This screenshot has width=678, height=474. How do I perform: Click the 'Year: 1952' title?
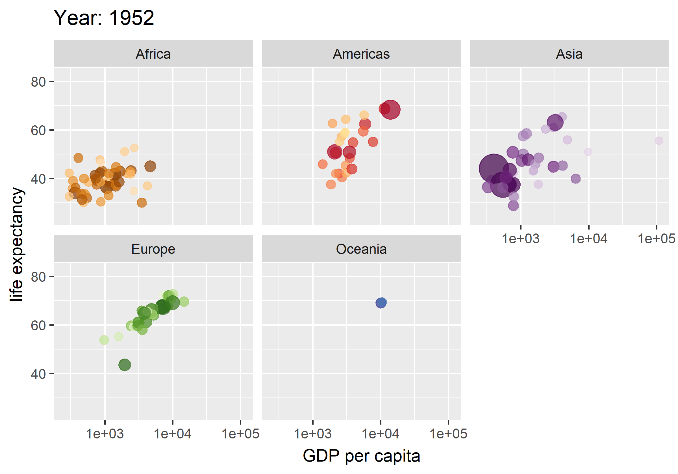(x=104, y=18)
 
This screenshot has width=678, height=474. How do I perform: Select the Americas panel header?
(x=361, y=54)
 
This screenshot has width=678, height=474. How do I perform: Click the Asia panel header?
(x=569, y=54)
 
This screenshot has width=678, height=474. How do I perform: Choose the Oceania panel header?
(x=361, y=249)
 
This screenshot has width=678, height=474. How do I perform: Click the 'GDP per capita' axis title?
(x=361, y=456)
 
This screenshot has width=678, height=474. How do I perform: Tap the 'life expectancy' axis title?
(x=17, y=244)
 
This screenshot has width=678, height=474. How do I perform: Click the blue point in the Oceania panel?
(x=381, y=303)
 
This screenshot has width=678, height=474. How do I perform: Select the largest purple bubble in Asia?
(x=494, y=169)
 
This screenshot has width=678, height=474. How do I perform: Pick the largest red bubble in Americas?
(x=390, y=110)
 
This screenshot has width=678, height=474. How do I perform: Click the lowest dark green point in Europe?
(x=125, y=365)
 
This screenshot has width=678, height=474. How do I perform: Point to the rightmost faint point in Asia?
(x=659, y=141)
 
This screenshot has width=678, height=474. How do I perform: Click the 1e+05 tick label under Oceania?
(x=448, y=434)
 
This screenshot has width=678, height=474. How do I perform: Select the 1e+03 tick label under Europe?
(x=105, y=434)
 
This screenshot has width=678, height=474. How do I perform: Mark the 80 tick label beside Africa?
(x=38, y=82)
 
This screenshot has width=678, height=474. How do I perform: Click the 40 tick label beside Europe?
(x=38, y=374)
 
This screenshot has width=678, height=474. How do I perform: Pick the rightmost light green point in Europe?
(x=184, y=302)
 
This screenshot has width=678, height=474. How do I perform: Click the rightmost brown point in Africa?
(x=150, y=166)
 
